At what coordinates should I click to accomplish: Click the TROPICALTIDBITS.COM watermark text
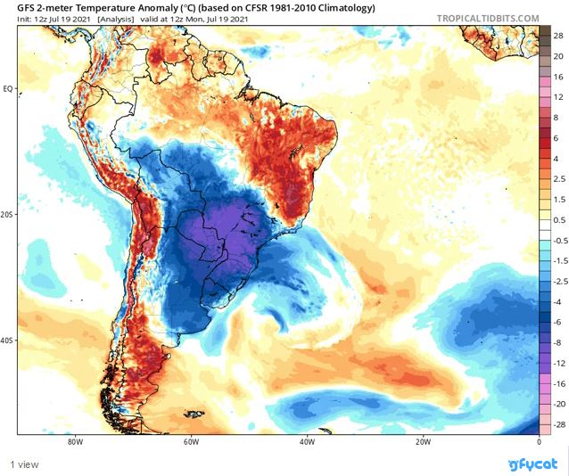(x=488, y=18)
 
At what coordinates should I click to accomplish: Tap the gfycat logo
(x=532, y=464)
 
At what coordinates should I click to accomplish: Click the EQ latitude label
(x=8, y=88)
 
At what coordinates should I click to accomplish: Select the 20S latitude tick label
(x=8, y=215)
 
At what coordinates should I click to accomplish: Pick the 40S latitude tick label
(x=8, y=340)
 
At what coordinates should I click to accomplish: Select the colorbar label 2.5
(x=559, y=179)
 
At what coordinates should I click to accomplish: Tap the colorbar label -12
(x=559, y=364)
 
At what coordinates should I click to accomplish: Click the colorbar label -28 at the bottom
(x=559, y=425)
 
